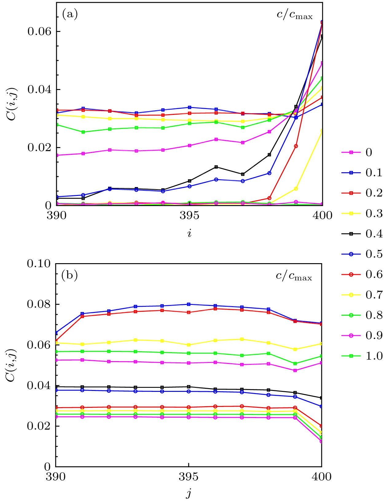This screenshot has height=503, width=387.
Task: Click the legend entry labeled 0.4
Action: pyautogui.click(x=362, y=234)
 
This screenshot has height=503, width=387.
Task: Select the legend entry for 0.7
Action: pyautogui.click(x=362, y=295)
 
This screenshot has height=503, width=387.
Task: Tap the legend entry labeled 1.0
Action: pyautogui.click(x=362, y=356)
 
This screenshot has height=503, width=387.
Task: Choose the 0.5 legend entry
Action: pyautogui.click(x=362, y=254)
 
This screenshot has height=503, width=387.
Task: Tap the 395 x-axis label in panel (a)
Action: pyautogui.click(x=189, y=215)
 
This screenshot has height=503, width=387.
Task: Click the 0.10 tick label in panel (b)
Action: pyautogui.click(x=39, y=263)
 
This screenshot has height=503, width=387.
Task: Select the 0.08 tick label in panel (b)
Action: pyautogui.click(x=39, y=304)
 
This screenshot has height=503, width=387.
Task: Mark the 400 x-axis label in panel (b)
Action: pyautogui.click(x=321, y=477)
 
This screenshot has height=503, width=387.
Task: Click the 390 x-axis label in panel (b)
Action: pyautogui.click(x=56, y=477)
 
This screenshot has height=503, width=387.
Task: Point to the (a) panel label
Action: pyautogui.click(x=70, y=14)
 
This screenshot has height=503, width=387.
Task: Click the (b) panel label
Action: pyautogui.click(x=70, y=275)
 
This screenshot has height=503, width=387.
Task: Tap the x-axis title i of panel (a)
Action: pyautogui.click(x=189, y=233)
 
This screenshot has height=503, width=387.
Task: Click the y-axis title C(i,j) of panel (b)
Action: pyautogui.click(x=11, y=365)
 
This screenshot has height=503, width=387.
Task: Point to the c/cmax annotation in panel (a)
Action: pyautogui.click(x=294, y=15)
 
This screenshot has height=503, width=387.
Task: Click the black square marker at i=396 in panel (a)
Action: pyautogui.click(x=216, y=167)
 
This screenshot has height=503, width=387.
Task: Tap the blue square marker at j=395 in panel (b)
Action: pyautogui.click(x=189, y=304)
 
